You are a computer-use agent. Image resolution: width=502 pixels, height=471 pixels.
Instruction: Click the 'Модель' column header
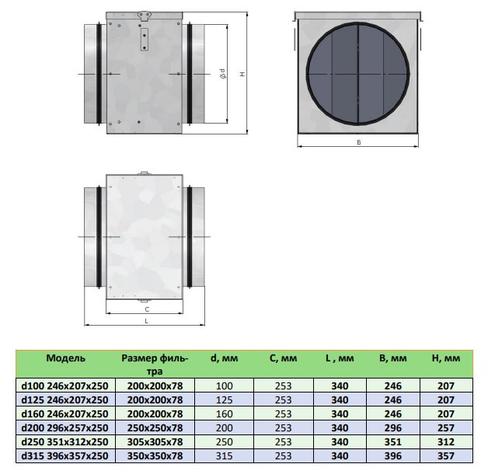pyautogui.click(x=65, y=358)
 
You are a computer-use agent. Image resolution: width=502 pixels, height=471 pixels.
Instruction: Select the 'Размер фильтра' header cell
pyautogui.click(x=155, y=365)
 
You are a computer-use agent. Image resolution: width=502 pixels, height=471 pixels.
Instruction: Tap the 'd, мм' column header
pyautogui.click(x=224, y=358)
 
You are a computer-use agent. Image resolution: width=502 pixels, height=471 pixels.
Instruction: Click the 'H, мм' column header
pyautogui.click(x=446, y=358)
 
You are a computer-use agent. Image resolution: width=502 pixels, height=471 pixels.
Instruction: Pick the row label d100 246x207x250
pyautogui.click(x=65, y=386)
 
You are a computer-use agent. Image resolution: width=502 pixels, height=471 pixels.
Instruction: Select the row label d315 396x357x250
pyautogui.click(x=65, y=455)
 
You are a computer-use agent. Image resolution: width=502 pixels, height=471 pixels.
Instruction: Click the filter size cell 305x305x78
pyautogui.click(x=155, y=442)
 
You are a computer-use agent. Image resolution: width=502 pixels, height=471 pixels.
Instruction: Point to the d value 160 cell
pyautogui.click(x=224, y=413)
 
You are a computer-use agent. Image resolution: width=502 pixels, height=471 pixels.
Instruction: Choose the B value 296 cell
pyautogui.click(x=393, y=427)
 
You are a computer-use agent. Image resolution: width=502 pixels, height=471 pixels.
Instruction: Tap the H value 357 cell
pyautogui.click(x=446, y=455)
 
